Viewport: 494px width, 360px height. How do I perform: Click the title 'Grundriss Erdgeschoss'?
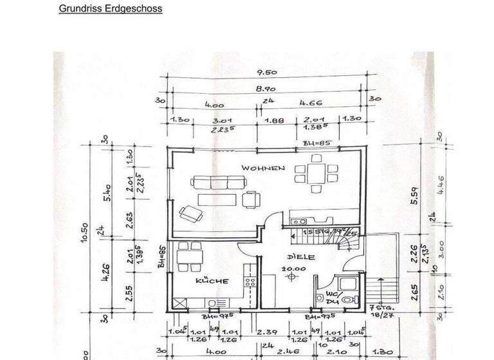pos(110,9)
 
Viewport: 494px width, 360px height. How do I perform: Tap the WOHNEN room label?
pos(263,168)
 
